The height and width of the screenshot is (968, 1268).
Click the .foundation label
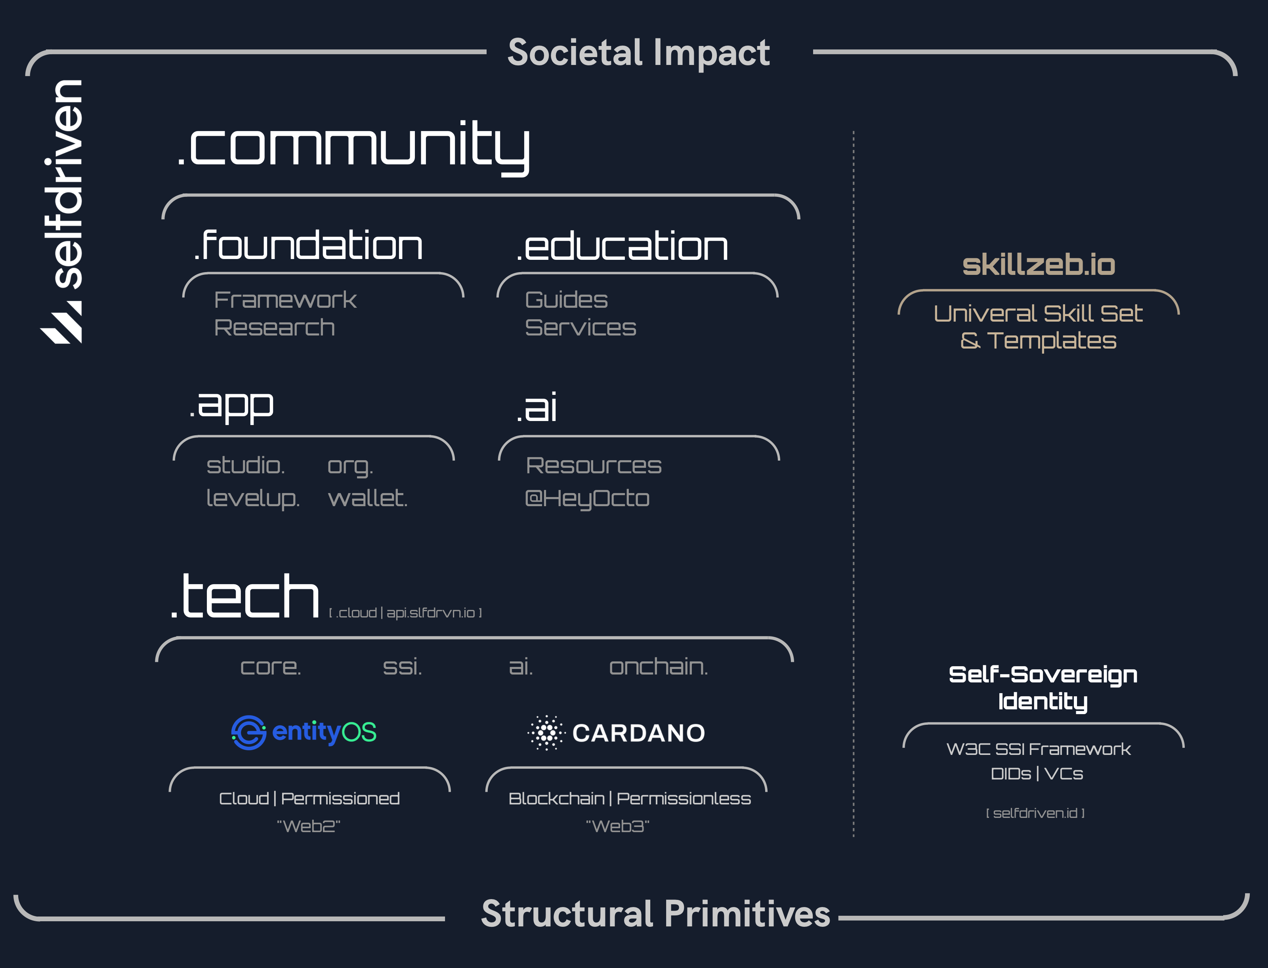pos(308,244)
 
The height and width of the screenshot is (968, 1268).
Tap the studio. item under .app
pos(246,465)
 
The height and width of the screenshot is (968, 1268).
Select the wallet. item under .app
pos(368,498)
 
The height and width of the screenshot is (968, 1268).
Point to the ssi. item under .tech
pos(402,667)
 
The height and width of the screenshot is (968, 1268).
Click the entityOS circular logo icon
pos(248,732)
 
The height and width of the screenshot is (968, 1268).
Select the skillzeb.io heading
pos(1039,265)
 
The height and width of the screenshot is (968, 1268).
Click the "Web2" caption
pos(309,826)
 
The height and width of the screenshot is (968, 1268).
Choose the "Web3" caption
pos(618,826)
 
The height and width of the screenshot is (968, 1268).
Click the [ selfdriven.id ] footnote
pos(1035,813)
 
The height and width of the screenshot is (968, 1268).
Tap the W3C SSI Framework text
pos(1039,749)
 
